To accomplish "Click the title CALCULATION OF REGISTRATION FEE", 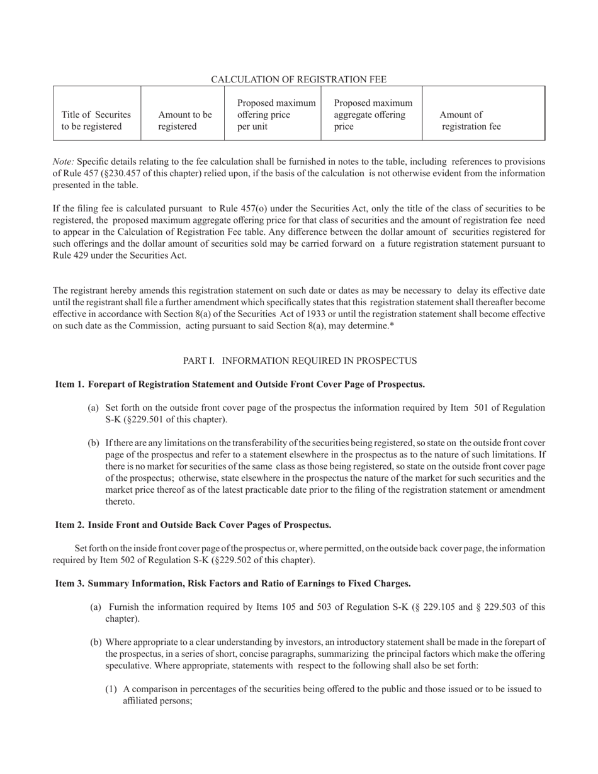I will coord(298,79).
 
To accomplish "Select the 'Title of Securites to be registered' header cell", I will coord(96,121).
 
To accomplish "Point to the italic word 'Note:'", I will coord(64,162).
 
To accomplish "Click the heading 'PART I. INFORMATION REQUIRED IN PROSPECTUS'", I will coord(300,361).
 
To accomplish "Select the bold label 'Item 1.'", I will coord(70,384).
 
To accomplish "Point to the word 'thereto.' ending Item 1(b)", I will coord(120,502).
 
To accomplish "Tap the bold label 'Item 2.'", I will coord(70,525).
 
